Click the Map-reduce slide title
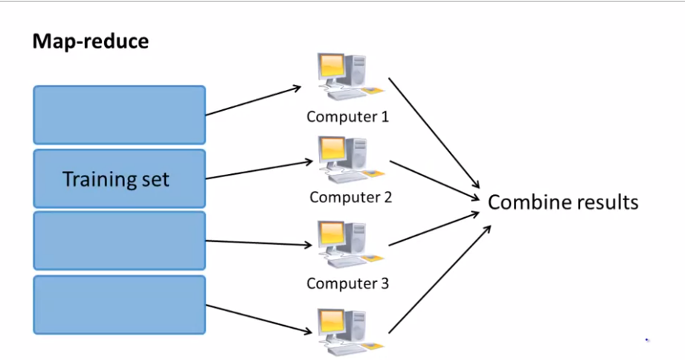[x=90, y=42]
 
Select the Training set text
[x=116, y=179]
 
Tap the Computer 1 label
[x=347, y=117]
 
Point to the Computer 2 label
[x=350, y=198]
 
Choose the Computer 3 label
[x=347, y=283]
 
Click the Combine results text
[x=563, y=202]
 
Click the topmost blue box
[x=119, y=115]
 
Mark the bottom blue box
[x=119, y=304]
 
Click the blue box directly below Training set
[x=119, y=240]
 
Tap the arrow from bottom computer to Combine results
[x=439, y=278]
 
